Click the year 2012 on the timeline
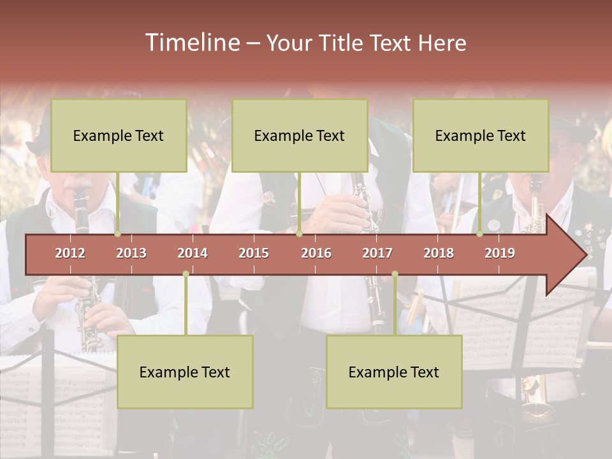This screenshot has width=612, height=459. [70, 253]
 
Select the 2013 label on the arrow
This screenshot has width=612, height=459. [131, 253]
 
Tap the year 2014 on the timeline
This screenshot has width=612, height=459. [193, 253]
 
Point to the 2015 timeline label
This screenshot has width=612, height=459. [254, 253]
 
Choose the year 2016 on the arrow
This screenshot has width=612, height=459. [316, 253]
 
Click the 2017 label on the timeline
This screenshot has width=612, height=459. [377, 253]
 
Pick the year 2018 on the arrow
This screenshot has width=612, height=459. [439, 253]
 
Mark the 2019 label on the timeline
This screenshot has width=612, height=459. [500, 253]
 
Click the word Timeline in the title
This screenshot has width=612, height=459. [192, 43]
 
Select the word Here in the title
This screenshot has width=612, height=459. [442, 43]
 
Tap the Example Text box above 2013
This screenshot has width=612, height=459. [119, 136]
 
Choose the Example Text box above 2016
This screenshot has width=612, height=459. [300, 136]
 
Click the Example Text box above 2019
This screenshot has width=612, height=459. [481, 136]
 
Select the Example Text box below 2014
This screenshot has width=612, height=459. [185, 372]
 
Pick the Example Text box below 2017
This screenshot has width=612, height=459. [394, 372]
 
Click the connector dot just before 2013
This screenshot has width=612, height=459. [118, 234]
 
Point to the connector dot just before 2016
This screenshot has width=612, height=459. [299, 234]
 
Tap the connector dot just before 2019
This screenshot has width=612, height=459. [480, 234]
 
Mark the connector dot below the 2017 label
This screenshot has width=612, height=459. [395, 274]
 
